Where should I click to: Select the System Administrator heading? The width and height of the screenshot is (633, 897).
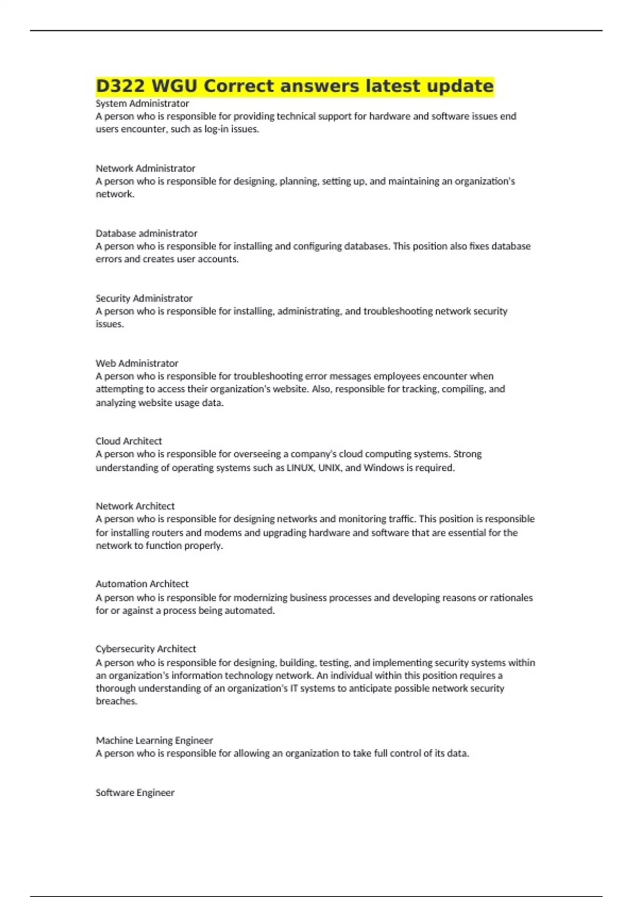(x=142, y=103)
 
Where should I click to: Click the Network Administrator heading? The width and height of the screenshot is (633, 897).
(x=146, y=168)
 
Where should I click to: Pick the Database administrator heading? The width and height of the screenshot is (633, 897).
(x=147, y=233)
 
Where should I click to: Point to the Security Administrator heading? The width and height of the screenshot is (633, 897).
(x=144, y=298)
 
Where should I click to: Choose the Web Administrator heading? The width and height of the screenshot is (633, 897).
(x=137, y=363)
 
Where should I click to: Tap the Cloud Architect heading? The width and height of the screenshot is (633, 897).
(x=129, y=441)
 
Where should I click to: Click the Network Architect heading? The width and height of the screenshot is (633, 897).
(x=135, y=506)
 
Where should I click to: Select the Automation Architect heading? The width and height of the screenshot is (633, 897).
(x=142, y=584)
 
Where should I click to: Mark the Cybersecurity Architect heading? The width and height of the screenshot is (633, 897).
(x=146, y=649)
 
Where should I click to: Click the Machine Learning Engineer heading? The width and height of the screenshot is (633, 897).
(x=155, y=740)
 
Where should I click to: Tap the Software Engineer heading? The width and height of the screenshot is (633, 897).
(x=135, y=793)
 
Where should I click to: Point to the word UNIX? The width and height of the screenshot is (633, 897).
(x=329, y=467)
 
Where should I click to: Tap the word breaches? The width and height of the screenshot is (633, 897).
(x=116, y=701)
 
